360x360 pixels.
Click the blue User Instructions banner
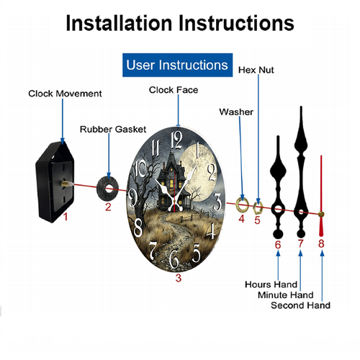tap(177, 65)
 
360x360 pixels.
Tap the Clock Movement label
tap(65, 94)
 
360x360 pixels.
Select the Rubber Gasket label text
tap(113, 130)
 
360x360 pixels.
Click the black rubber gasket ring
tap(108, 189)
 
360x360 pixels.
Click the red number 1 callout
tap(66, 217)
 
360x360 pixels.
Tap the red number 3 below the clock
tap(179, 278)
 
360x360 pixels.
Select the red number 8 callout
tap(321, 244)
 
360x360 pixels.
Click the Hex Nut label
tap(256, 70)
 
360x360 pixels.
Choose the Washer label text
tap(236, 112)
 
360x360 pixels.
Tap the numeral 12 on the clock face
tap(176, 140)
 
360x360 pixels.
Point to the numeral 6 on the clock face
tap(174, 258)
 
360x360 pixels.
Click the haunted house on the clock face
tap(172, 181)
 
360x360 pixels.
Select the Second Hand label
tap(300, 305)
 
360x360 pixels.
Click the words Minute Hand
tap(286, 295)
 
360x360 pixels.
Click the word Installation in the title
tap(120, 23)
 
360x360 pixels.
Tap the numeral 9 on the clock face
tap(132, 197)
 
